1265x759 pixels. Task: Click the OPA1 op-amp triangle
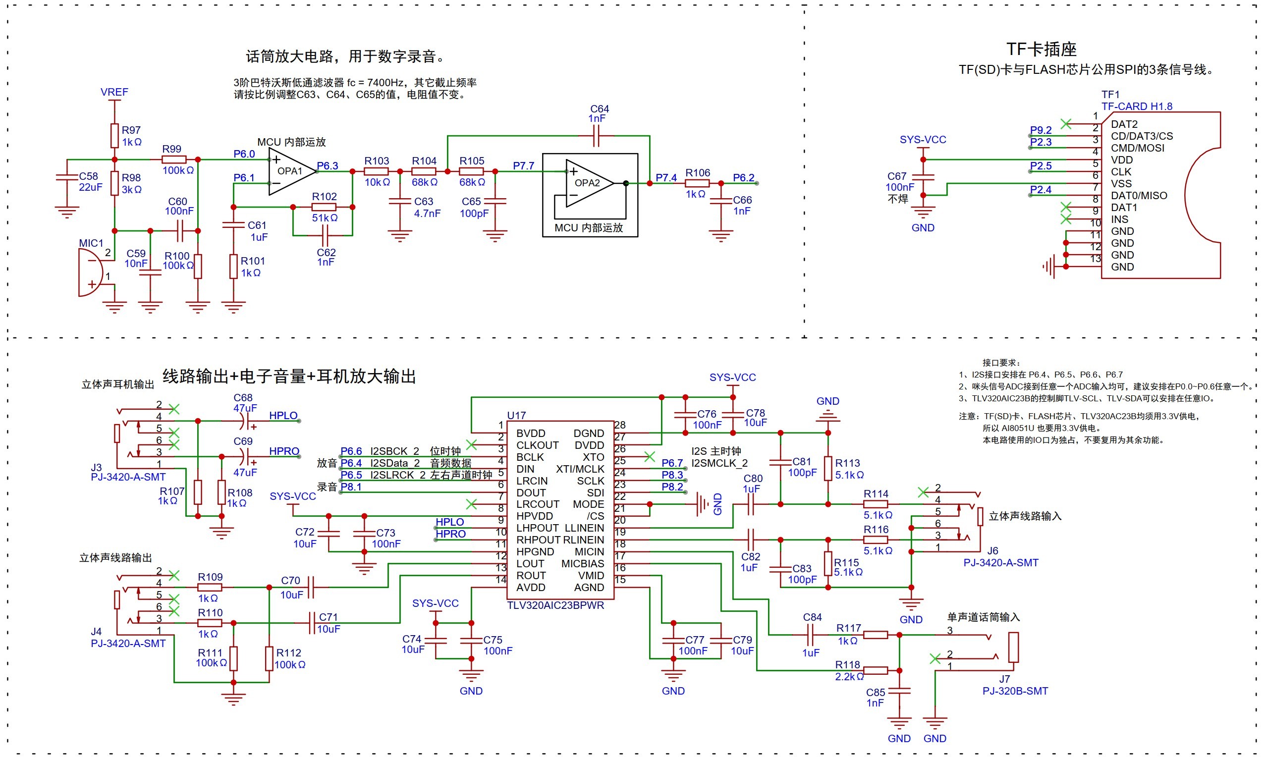[x=290, y=172]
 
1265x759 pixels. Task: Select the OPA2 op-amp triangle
[x=588, y=183]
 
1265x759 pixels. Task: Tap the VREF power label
[x=114, y=92]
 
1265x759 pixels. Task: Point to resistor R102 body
[x=324, y=207]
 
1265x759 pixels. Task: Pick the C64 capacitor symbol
[x=596, y=136]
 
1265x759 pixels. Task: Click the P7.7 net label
[x=523, y=165]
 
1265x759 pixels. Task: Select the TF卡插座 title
[x=1041, y=49]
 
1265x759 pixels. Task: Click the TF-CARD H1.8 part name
[x=1137, y=107]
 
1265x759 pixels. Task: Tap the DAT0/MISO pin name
[x=1139, y=195]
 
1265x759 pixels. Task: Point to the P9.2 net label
[x=1041, y=130]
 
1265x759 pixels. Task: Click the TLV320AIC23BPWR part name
[x=555, y=605]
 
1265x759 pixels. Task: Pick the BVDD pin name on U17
[x=531, y=433]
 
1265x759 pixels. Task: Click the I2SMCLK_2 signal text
[x=719, y=463]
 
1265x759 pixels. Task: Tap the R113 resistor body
[x=827, y=469]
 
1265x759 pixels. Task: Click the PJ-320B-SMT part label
[x=1015, y=691]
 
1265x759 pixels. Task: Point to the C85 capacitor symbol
[x=899, y=691]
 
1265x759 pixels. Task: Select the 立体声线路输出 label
[x=115, y=557]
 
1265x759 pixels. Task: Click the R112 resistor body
[x=269, y=659]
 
